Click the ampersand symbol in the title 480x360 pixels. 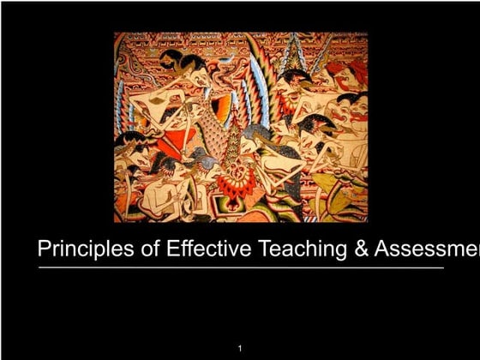(x=361, y=249)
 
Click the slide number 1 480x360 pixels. (x=241, y=348)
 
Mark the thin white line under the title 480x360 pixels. (x=240, y=268)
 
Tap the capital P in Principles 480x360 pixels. (x=45, y=249)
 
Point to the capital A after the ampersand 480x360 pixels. (x=383, y=249)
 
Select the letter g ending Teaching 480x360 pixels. (x=339, y=252)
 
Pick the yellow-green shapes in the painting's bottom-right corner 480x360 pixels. (x=343, y=201)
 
